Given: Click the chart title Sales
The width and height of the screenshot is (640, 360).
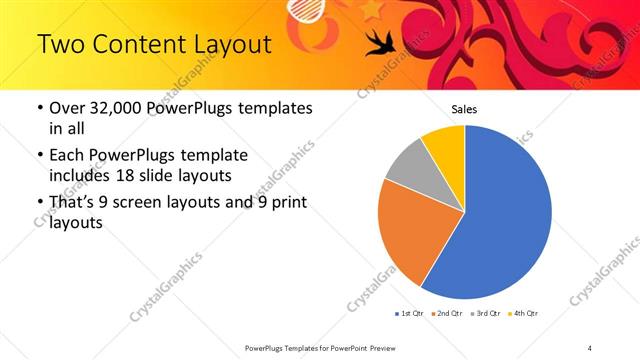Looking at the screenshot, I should coord(464,109).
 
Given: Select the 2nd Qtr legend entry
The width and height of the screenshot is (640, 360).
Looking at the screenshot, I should coord(446,314).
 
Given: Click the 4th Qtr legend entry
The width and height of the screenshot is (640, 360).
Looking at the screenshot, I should coord(525,314).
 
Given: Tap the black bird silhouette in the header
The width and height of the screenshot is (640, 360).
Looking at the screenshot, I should coord(380,41).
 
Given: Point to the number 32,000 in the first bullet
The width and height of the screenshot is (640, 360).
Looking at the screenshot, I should coord(112,109).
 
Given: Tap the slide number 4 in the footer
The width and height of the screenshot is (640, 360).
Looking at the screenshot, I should coord(590,347).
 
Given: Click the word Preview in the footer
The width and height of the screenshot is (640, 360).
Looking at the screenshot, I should coord(377,347).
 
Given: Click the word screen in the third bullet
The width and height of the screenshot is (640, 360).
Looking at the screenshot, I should coord(126,203).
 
